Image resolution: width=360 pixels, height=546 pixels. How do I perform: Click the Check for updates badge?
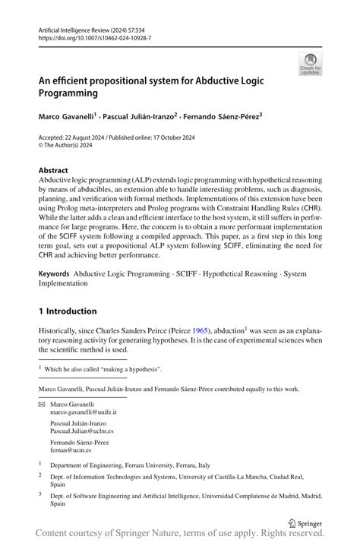[x=309, y=65]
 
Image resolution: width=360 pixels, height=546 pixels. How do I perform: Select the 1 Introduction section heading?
[x=68, y=311]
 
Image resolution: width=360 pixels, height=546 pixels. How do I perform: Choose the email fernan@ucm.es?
[x=74, y=450]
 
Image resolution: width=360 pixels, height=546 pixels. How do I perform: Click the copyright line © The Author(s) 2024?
[x=71, y=147]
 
